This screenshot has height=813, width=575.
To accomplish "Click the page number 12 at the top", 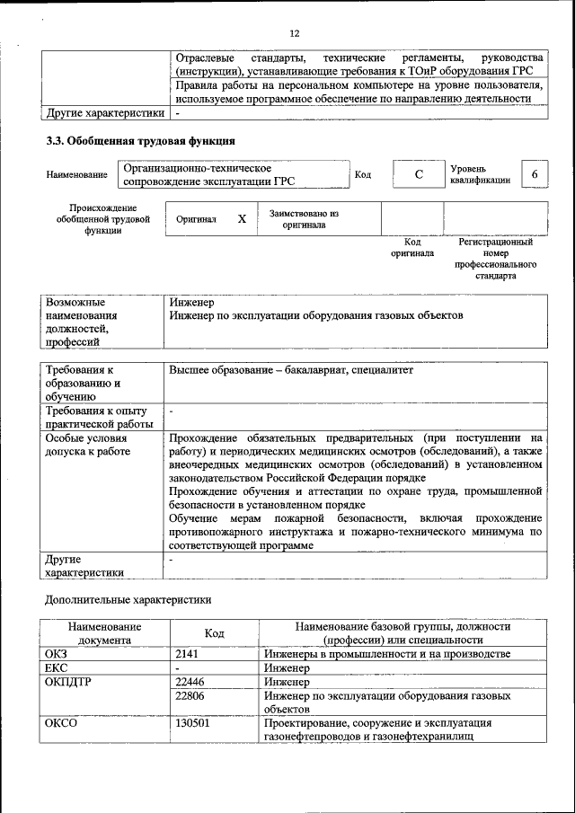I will point(294,33).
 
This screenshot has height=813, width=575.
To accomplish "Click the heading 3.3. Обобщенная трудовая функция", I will point(141,141).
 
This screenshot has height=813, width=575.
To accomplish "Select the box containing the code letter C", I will point(418,174).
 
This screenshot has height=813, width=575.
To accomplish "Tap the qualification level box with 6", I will point(535,173).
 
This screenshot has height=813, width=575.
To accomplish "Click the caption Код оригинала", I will point(412,248).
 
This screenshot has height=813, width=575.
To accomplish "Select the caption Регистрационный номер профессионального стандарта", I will point(496,260).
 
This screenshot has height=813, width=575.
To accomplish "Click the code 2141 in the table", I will point(187,654).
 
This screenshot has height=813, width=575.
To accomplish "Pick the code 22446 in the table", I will point(190,683).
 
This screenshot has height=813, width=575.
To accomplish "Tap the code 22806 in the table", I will point(190,696).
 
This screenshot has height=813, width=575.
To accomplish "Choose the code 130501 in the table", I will point(192,723).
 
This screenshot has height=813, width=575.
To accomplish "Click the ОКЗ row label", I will point(57,654).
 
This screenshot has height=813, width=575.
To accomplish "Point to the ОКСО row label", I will point(61,723).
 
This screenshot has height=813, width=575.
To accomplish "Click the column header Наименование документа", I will point(103,632).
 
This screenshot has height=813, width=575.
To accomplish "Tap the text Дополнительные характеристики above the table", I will point(128,599).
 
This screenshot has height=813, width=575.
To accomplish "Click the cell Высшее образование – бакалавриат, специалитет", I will point(291,370).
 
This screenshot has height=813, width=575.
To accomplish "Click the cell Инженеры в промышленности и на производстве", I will point(387,654).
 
